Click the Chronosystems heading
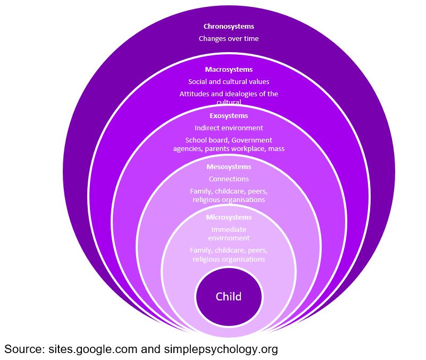coord(229,26)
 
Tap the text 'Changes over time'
coord(229,38)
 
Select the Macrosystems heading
coord(229,70)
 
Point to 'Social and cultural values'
coord(229,82)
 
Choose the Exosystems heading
coord(229,115)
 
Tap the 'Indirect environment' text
coord(229,128)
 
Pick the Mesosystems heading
coord(229,167)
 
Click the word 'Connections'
coord(229,179)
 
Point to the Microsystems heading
coord(229,217)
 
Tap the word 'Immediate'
coord(229,230)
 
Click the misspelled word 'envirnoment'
coord(229,238)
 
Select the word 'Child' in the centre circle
coord(229,297)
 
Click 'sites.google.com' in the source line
coord(93,349)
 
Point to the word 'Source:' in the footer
coord(24,349)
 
